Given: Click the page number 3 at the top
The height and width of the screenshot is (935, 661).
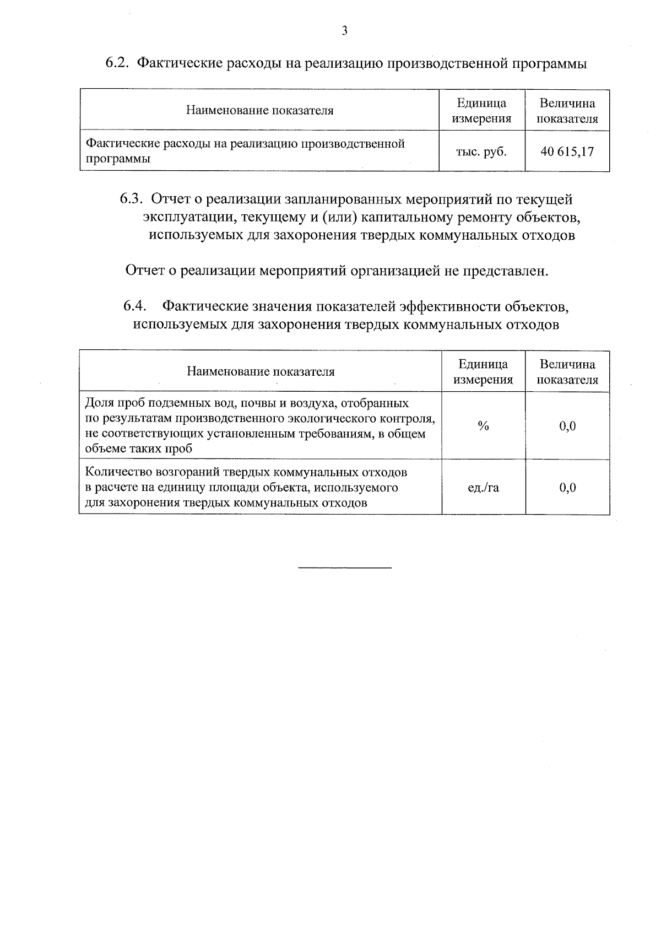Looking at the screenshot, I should pyautogui.click(x=344, y=31).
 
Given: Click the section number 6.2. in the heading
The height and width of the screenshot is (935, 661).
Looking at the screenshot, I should pyautogui.click(x=117, y=63).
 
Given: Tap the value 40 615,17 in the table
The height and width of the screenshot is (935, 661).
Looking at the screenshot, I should pyautogui.click(x=567, y=152).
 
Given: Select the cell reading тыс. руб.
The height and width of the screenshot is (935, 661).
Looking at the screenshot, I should pyautogui.click(x=481, y=152).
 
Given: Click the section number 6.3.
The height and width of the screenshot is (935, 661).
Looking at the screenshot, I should pyautogui.click(x=132, y=199).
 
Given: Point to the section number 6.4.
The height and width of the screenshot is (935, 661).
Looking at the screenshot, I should pyautogui.click(x=135, y=306).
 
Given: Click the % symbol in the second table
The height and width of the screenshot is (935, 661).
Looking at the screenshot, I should pyautogui.click(x=483, y=426).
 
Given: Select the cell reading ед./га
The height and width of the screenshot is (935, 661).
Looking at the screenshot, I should pyautogui.click(x=483, y=488).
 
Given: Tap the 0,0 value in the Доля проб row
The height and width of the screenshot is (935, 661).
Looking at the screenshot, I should pyautogui.click(x=567, y=426).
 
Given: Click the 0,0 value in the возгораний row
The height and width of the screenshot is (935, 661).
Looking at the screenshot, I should pyautogui.click(x=567, y=488).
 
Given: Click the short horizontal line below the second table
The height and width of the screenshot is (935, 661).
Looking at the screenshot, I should pyautogui.click(x=344, y=567).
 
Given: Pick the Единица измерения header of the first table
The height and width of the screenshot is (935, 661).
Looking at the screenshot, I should pyautogui.click(x=481, y=111).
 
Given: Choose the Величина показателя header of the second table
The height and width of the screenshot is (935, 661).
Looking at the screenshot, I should pyautogui.click(x=567, y=372).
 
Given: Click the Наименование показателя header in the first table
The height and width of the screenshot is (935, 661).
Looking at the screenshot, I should pyautogui.click(x=259, y=110).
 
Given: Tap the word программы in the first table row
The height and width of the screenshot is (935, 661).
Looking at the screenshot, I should pyautogui.click(x=118, y=159).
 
